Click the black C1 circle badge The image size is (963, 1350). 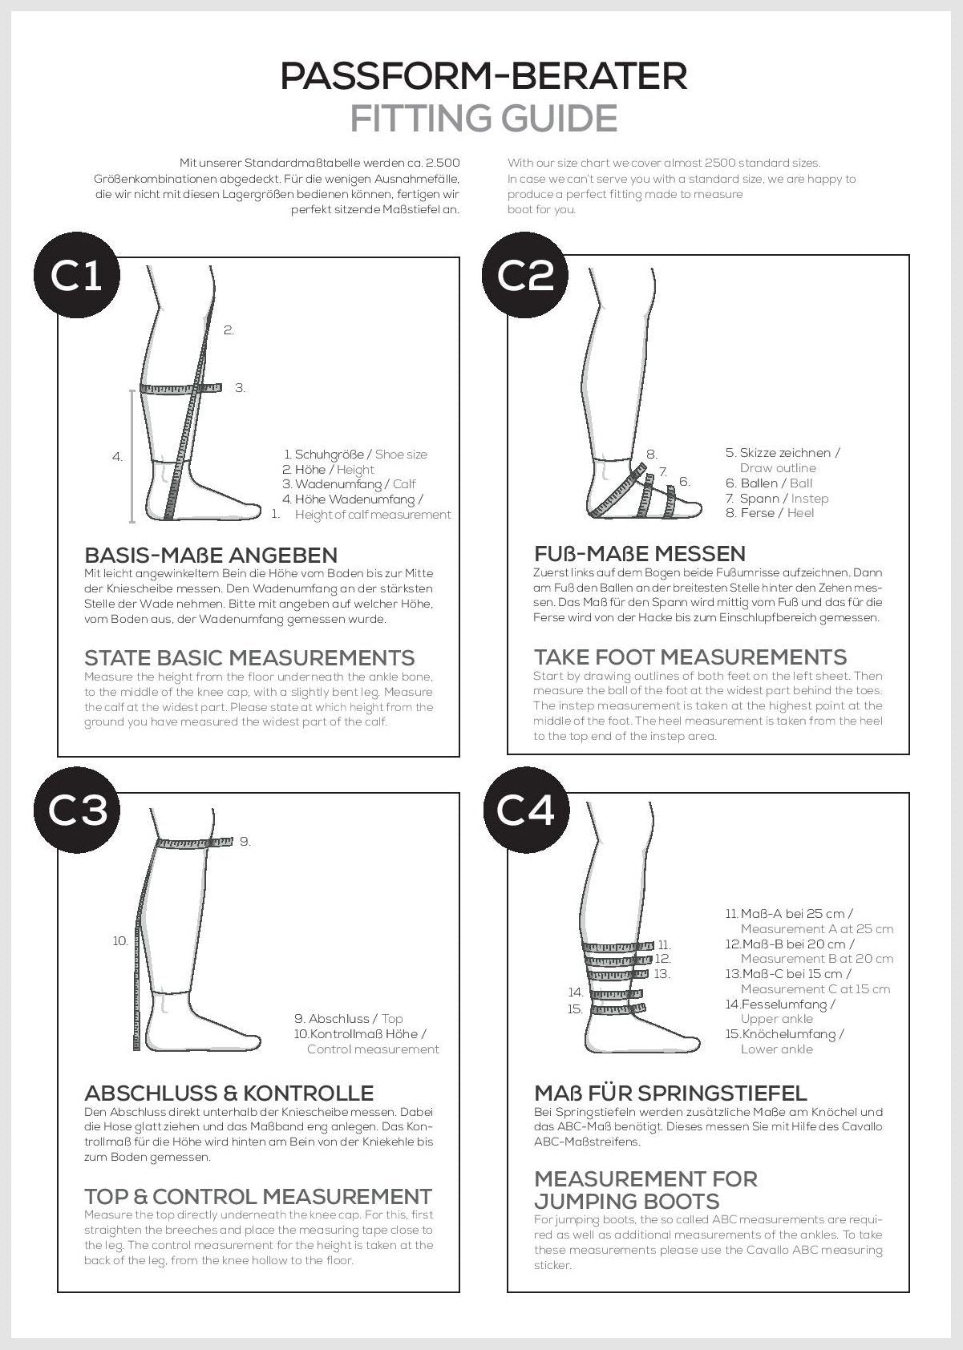76,276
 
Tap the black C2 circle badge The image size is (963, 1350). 525,276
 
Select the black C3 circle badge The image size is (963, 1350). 76,811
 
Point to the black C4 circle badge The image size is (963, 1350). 525,811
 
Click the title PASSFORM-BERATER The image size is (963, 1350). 484,77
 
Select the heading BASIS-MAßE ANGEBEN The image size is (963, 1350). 211,555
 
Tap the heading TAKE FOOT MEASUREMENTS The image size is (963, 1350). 690,657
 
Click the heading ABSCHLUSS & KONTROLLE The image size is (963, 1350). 229,1093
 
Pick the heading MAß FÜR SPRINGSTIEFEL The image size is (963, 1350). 670,1093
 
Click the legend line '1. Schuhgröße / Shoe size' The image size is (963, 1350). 355,455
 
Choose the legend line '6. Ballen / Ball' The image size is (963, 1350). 768,483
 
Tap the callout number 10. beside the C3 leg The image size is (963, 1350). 120,941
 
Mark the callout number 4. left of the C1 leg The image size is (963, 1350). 117,457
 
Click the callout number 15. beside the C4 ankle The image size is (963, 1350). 575,1008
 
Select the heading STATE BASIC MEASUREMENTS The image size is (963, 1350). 249,657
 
